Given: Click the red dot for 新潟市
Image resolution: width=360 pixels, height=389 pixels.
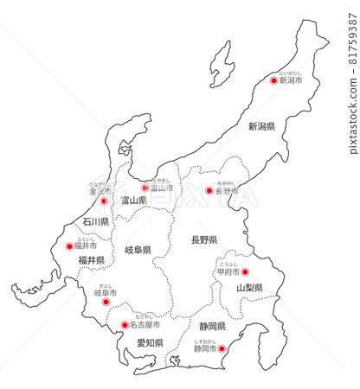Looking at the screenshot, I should click(274, 80).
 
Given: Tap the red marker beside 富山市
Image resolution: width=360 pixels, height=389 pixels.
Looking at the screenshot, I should click(145, 188).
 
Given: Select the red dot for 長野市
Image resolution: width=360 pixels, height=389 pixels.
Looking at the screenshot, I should click(209, 190).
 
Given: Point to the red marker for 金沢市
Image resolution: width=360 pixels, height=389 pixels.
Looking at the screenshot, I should click(104, 201).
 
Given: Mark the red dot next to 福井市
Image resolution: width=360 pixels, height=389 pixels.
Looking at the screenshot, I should click(70, 246).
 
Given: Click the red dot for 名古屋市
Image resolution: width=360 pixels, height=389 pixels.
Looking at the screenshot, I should click(124, 326).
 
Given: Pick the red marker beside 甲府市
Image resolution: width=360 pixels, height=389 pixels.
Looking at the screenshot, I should click(245, 271).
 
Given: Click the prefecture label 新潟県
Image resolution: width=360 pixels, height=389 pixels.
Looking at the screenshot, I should click(261, 126).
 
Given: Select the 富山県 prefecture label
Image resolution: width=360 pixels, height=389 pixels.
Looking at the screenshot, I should click(134, 201).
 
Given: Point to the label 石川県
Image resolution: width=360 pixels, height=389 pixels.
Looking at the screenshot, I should click(95, 222).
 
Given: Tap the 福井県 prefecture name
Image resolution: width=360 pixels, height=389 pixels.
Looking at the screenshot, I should click(91, 259).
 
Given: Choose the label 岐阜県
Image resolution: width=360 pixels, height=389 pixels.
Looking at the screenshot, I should click(138, 251).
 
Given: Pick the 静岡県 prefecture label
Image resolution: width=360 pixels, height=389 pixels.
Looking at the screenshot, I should click(212, 327).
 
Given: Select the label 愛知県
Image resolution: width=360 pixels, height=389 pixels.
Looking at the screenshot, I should click(150, 343).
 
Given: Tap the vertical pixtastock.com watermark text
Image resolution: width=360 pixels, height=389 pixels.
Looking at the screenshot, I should click(352, 104).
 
